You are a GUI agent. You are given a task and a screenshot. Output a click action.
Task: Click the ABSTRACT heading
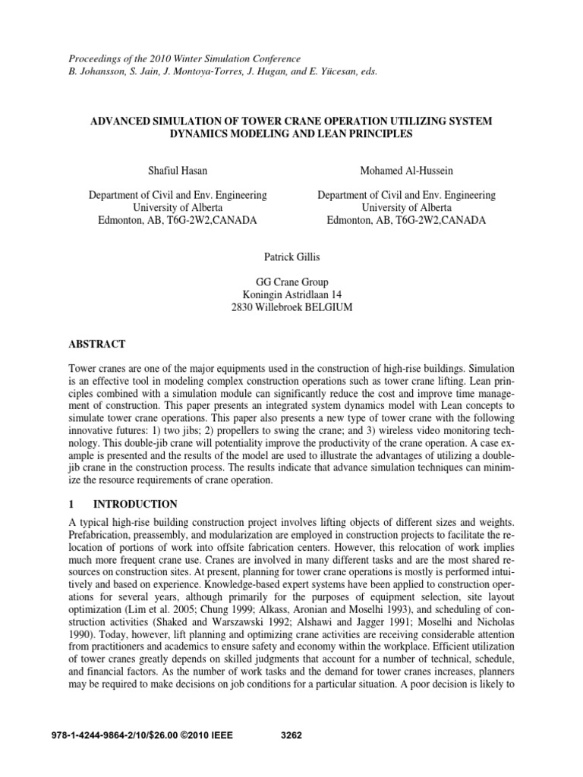[98, 344]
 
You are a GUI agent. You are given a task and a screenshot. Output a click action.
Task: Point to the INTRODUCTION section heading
[135, 504]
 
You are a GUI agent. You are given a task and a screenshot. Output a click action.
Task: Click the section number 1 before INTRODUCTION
[72, 504]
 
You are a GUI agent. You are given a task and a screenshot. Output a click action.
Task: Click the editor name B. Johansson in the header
[96, 71]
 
